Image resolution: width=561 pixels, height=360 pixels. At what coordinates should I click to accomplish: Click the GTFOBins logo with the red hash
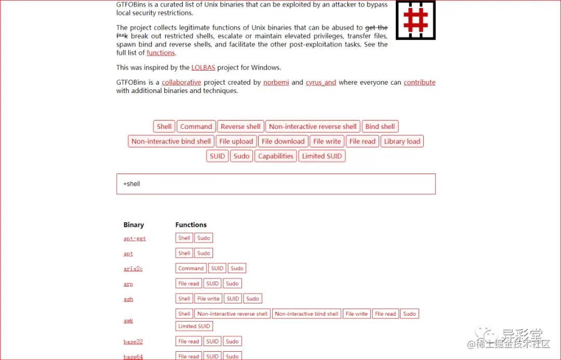(416, 20)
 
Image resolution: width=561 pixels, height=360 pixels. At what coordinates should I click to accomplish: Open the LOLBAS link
(203, 68)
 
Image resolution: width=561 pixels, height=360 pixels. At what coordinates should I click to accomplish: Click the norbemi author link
(276, 83)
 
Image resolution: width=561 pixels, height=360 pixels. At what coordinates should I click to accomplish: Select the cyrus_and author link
(320, 83)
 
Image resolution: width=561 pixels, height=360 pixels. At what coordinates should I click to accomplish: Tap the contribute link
(419, 83)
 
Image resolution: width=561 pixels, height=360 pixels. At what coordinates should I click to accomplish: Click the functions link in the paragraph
(161, 53)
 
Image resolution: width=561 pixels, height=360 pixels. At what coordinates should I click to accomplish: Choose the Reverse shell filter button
(241, 127)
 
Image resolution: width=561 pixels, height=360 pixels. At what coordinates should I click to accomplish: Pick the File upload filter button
(236, 141)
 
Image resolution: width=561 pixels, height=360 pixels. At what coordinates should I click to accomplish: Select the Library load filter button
(402, 141)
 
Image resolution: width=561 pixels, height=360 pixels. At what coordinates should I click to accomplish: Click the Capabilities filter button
(276, 156)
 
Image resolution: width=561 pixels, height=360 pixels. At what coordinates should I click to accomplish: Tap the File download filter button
(283, 141)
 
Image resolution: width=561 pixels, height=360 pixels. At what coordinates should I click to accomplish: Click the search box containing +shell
(276, 184)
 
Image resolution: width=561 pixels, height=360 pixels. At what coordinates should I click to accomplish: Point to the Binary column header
(133, 225)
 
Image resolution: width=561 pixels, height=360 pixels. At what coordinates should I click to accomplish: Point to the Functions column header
(191, 225)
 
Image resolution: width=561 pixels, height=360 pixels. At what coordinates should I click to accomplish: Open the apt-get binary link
(135, 239)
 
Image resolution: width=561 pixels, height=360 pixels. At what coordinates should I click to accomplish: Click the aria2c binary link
(133, 269)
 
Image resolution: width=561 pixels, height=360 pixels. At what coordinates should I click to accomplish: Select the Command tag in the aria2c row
(191, 269)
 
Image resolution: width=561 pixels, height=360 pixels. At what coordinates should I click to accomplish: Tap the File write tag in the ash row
(208, 299)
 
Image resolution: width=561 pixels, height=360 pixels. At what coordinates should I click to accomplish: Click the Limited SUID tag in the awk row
(194, 326)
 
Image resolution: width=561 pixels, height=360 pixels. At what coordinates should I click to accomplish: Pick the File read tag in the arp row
(189, 284)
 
